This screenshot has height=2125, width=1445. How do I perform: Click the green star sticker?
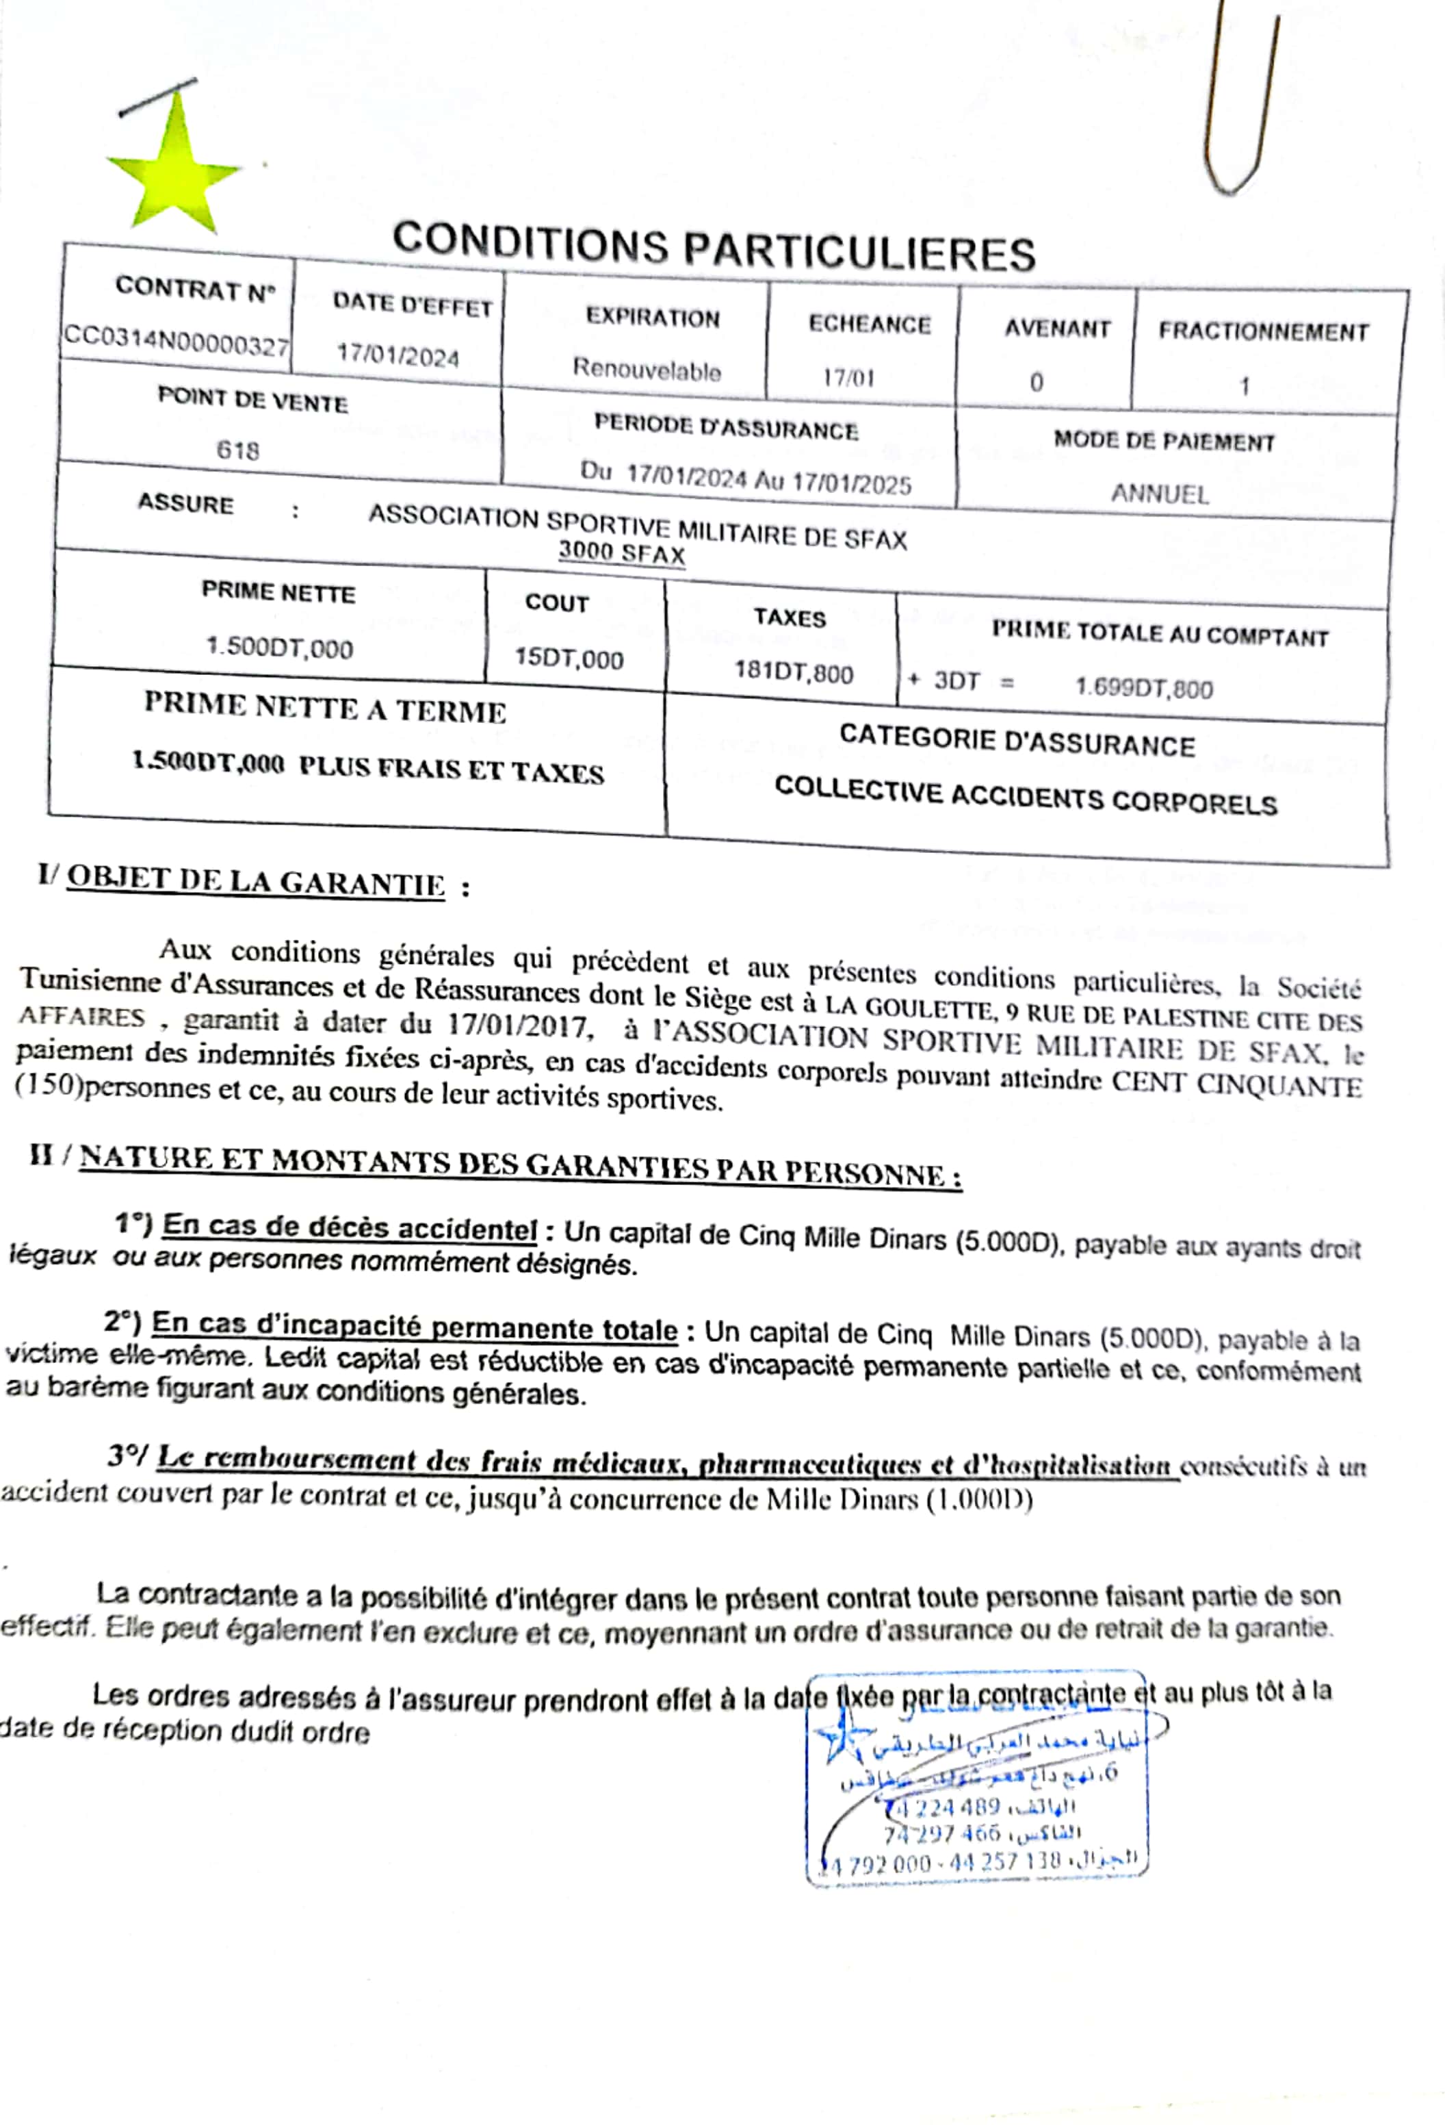[174, 170]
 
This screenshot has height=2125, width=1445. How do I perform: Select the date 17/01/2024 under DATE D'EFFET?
[398, 355]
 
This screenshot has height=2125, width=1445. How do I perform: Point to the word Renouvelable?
[646, 370]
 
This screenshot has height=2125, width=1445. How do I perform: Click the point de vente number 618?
[237, 450]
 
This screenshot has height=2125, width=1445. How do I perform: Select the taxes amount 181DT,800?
[794, 673]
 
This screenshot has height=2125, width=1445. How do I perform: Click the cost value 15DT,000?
[569, 659]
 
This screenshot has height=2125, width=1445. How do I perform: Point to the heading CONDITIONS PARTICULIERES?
[714, 247]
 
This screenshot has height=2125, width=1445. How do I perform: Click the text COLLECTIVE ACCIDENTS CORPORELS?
[1025, 796]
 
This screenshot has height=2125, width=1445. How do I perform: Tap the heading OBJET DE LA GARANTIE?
[255, 882]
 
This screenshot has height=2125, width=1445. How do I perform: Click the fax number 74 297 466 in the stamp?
[941, 1834]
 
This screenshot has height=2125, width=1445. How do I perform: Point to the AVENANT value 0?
[1036, 381]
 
